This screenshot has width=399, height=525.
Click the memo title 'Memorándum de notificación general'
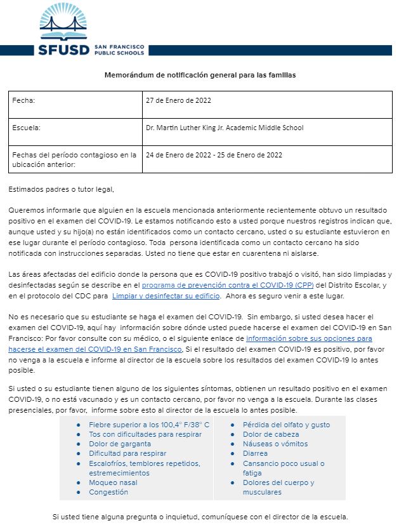click(200, 75)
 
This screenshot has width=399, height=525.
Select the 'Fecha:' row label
click(23, 100)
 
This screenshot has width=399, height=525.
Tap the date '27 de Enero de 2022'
click(178, 100)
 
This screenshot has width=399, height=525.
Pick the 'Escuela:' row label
click(27, 128)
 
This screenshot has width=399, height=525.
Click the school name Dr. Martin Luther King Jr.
click(224, 128)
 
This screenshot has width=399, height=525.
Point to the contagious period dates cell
click(214, 155)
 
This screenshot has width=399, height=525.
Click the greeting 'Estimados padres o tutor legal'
click(61, 189)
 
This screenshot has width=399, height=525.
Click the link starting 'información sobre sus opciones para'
click(309, 339)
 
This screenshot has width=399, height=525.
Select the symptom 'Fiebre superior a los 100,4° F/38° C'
click(149, 424)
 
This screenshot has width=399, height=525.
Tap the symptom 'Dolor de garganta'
click(120, 444)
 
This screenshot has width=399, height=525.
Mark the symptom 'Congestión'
click(108, 492)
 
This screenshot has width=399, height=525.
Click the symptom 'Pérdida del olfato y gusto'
click(286, 424)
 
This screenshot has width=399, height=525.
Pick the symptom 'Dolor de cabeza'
click(270, 434)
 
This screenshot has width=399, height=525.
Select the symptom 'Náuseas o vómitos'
click(275, 444)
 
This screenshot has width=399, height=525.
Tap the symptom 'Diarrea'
click(255, 453)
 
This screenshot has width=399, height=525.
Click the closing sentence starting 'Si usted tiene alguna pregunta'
click(200, 517)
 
